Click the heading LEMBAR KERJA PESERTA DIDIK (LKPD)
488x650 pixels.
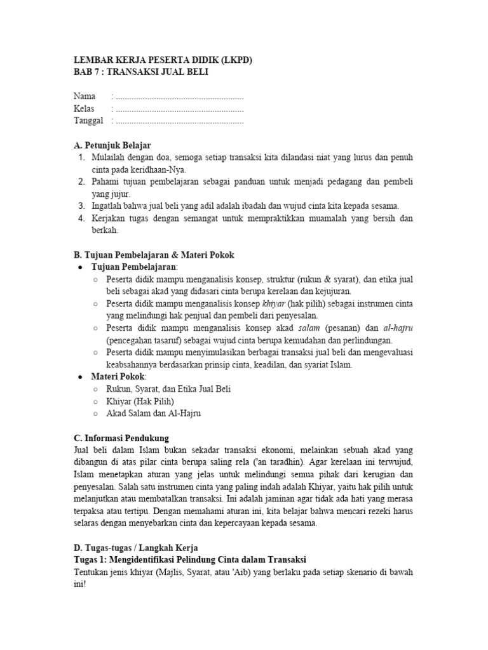163,60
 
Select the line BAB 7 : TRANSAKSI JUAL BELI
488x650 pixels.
140,72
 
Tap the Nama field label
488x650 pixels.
85,96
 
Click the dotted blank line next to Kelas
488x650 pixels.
178,109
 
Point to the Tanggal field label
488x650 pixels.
88,121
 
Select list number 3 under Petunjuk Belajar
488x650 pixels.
81,206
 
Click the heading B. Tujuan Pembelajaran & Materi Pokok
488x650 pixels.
154,255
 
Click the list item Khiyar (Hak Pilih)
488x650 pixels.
140,401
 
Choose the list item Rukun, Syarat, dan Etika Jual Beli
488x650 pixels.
168,388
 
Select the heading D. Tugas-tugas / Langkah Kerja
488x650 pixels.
137,547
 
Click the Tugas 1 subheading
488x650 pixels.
190,559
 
